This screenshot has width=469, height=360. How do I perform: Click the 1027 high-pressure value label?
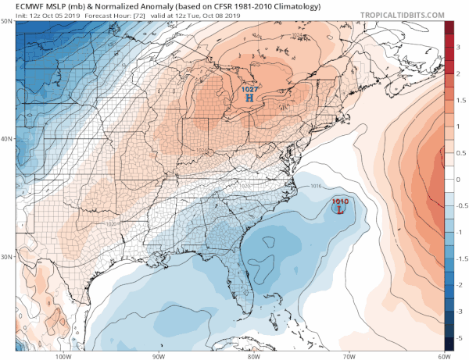tap(249, 90)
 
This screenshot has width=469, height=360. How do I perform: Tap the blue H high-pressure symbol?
tap(249, 99)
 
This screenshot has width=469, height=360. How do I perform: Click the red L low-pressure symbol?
tap(341, 209)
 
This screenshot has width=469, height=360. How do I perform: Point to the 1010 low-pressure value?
tap(340, 201)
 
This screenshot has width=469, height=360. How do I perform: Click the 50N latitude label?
tap(7, 21)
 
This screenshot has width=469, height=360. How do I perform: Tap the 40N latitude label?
tap(7, 139)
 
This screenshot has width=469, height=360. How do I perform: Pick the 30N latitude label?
tap(7, 257)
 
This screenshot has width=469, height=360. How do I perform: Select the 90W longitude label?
tap(159, 355)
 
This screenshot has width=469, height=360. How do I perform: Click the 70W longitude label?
tap(348, 355)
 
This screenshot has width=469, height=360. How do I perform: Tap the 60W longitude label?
tap(442, 355)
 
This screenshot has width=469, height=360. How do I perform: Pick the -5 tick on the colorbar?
tap(461, 337)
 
